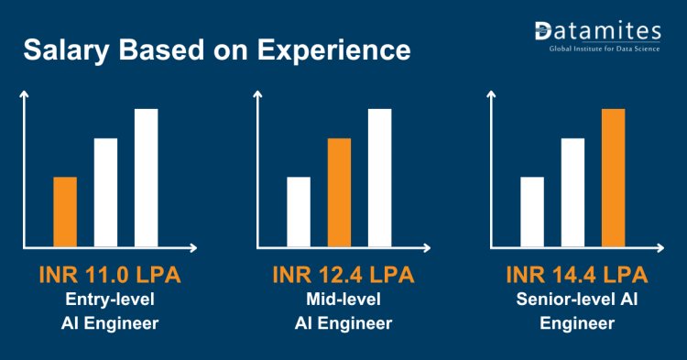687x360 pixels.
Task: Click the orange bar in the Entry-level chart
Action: pos(64,212)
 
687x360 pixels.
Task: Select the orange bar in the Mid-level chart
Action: pos(339,192)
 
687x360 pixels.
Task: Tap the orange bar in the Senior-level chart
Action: pos(613,178)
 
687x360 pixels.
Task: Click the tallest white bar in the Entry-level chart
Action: pos(146,178)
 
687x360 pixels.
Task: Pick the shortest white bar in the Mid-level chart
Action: pos(299,212)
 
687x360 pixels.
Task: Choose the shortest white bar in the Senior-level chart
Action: pos(532,212)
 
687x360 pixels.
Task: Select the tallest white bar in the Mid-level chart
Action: pos(379,178)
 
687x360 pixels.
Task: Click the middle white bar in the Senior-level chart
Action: pos(572,192)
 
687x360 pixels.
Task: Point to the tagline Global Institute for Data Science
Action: pos(604,48)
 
